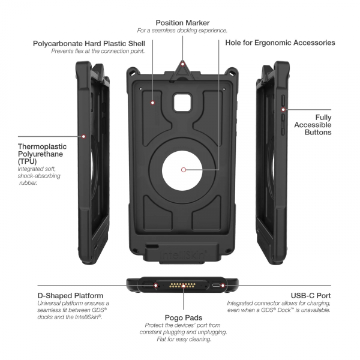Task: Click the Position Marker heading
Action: pyautogui.click(x=182, y=22)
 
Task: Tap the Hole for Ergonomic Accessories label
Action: pyautogui.click(x=280, y=43)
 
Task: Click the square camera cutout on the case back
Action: pyautogui.click(x=182, y=103)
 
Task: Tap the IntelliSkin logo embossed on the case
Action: pyautogui.click(x=183, y=255)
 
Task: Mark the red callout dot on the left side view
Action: pyautogui.click(x=83, y=137)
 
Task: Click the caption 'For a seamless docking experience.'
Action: pyautogui.click(x=182, y=30)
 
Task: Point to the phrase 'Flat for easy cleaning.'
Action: pyautogui.click(x=182, y=340)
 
